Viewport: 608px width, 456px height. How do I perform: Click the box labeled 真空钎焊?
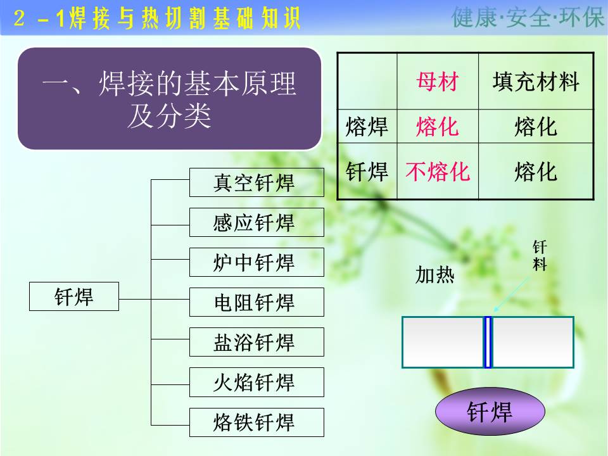coord(256,182)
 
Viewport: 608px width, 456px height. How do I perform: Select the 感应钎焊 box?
coord(256,222)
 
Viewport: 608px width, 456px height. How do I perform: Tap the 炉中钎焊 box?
coord(256,262)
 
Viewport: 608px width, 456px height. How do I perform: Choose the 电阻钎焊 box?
coord(256,302)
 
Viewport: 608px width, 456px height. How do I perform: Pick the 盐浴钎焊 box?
coord(256,342)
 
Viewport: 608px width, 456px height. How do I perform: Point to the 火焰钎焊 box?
coord(256,382)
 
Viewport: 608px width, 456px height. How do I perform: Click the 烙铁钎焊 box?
coord(256,422)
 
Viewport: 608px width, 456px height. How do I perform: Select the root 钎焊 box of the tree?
coord(74,296)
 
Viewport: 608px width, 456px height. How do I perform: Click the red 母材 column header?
coord(438,82)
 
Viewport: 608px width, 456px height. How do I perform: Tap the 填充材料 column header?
coord(536,82)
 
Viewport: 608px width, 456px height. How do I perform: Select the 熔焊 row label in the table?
coord(367,127)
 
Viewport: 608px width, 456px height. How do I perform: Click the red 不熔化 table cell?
coord(438,172)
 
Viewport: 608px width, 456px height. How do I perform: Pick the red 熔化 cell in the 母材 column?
coord(438,127)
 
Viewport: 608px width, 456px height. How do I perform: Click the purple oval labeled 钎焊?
coord(490,412)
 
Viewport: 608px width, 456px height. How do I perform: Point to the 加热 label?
coord(434,275)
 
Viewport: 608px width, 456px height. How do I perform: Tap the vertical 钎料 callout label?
coord(540,255)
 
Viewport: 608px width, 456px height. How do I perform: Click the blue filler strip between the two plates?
coord(488,342)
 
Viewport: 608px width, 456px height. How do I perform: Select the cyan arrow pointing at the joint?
coord(511,294)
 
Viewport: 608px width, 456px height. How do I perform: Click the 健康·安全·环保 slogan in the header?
coord(528,18)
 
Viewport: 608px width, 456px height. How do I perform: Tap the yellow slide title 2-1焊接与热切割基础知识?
coord(157,18)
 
